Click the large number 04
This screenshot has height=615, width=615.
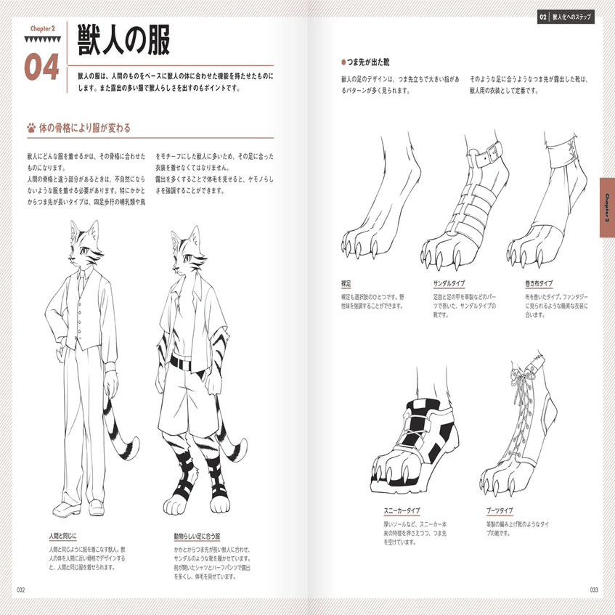pos(41,66)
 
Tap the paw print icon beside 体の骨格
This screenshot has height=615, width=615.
pos(30,129)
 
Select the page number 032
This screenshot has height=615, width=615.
pos(20,590)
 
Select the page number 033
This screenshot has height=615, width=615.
pos(593,590)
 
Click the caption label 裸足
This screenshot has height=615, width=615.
pos(346,283)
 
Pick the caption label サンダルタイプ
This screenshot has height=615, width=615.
pos(449,283)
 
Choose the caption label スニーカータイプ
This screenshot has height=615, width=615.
pos(402,510)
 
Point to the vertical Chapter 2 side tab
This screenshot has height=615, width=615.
pos(607,208)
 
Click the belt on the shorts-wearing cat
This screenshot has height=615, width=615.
pos(187,359)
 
